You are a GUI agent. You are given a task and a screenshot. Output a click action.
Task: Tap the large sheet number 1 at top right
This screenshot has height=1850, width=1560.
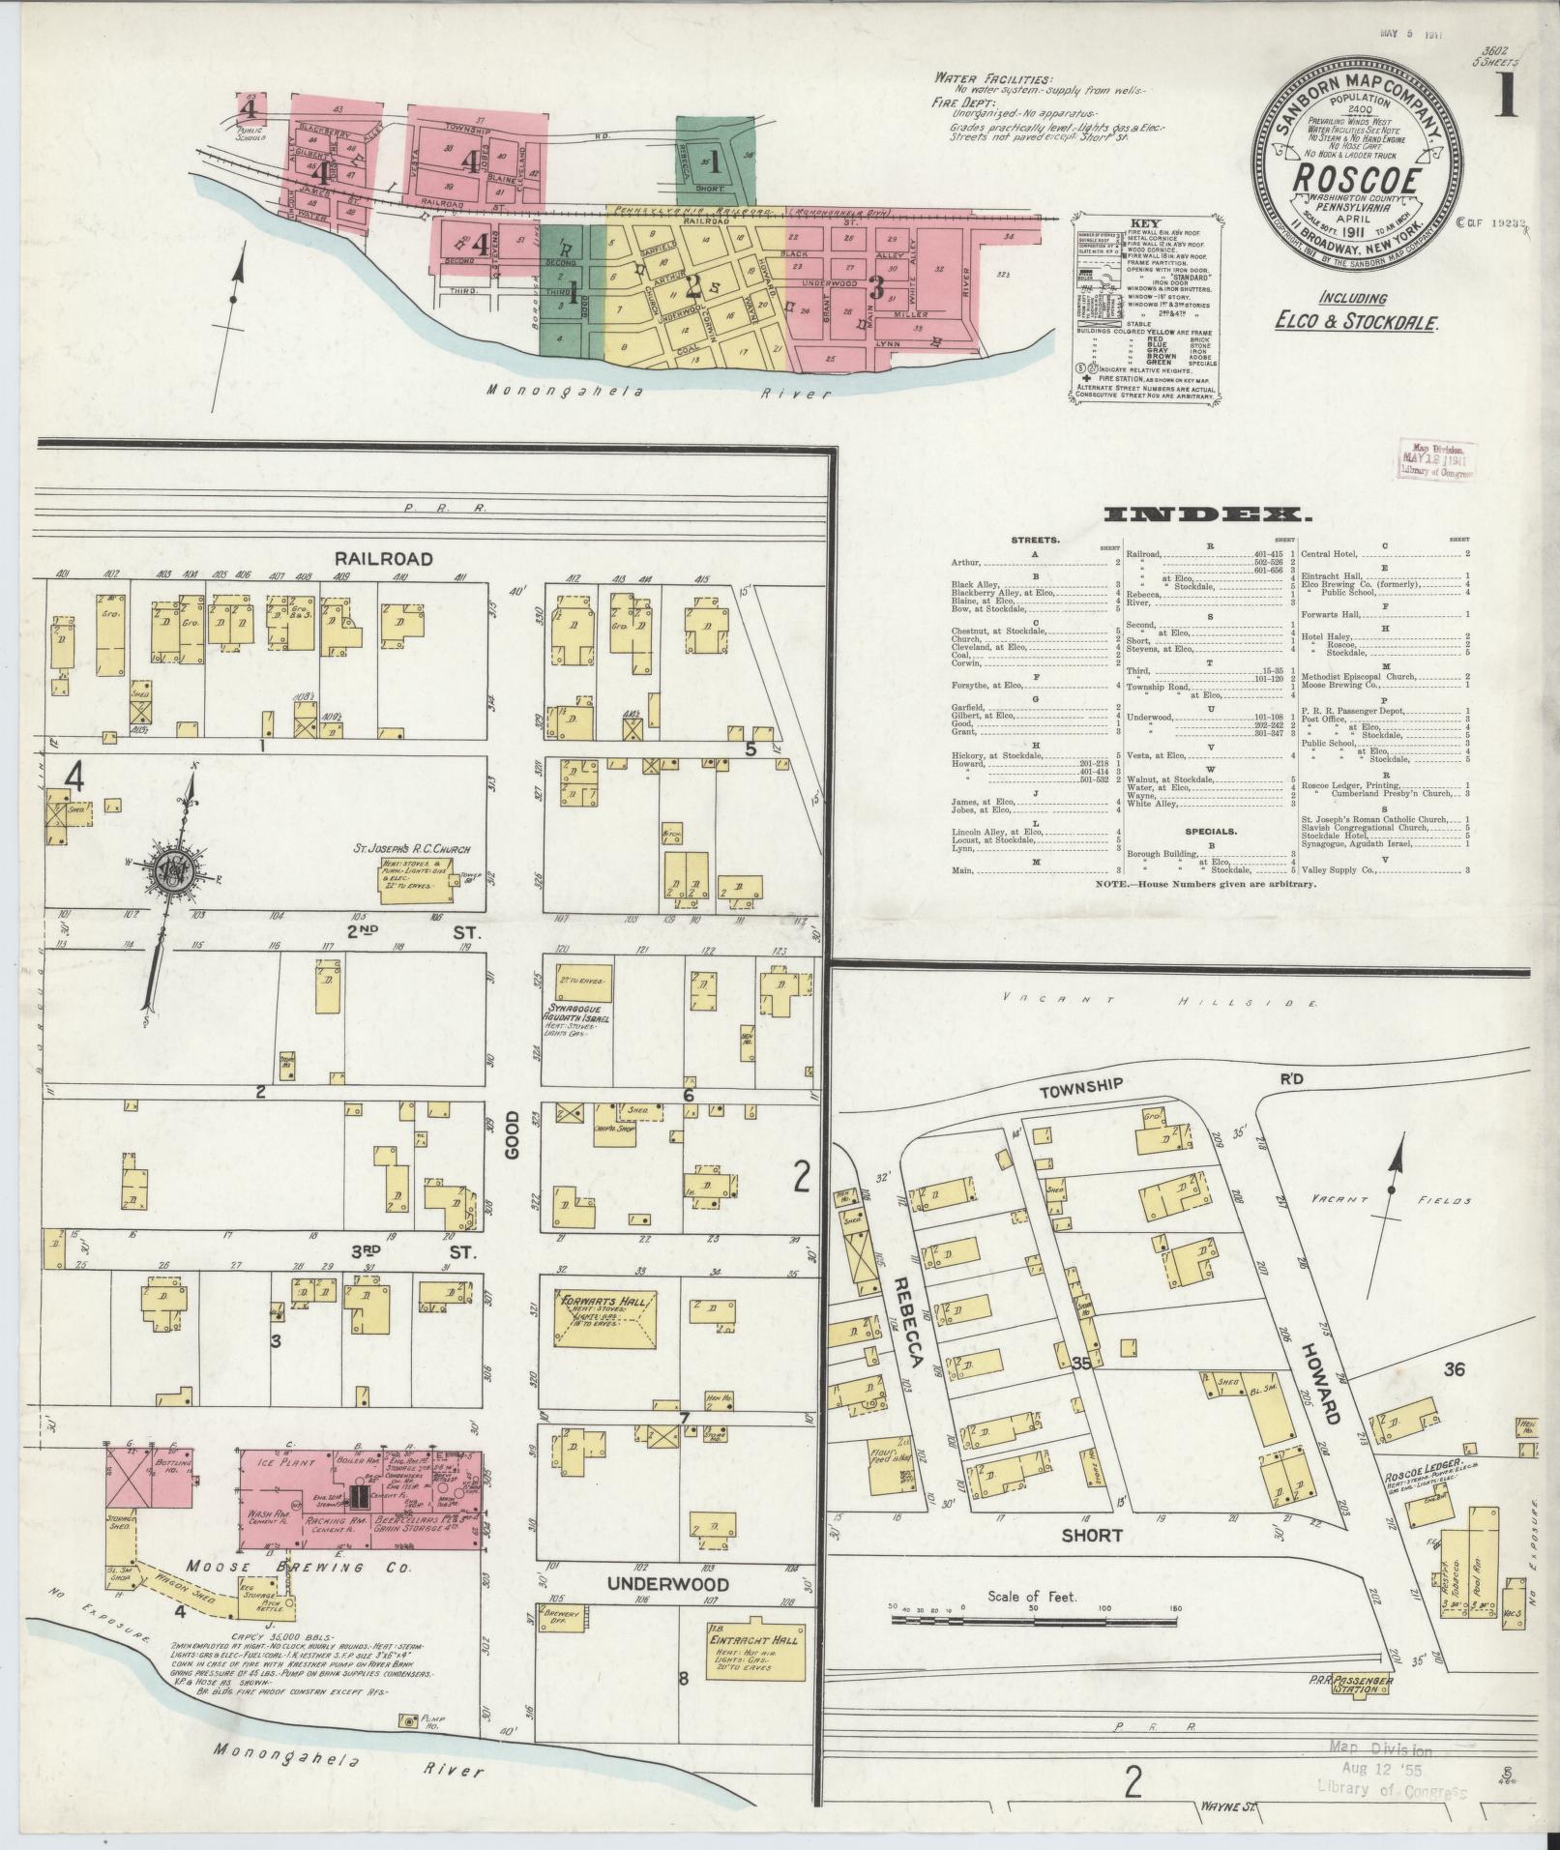(x=1506, y=98)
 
